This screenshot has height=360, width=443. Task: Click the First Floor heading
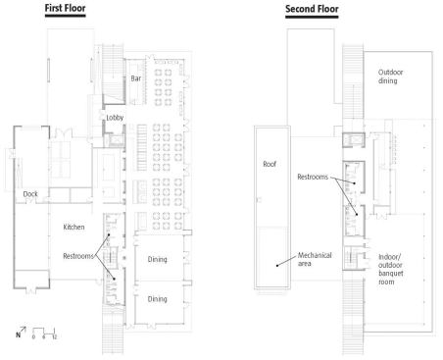65,8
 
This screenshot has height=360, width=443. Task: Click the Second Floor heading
312,9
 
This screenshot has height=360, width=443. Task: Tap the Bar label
136,78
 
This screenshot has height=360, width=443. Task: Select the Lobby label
115,118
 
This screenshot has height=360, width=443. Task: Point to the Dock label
30,194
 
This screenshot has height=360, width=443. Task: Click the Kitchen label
74,227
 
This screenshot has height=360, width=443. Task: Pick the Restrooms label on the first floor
78,256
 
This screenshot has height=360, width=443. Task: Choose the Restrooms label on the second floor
313,177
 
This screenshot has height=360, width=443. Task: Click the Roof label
270,164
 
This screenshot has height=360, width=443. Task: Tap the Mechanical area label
315,259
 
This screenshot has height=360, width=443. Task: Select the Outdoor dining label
390,77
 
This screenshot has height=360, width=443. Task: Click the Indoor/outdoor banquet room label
391,269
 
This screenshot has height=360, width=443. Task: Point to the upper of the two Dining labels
157,260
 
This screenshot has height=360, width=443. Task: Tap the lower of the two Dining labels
157,299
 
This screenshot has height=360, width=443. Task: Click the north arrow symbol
23,330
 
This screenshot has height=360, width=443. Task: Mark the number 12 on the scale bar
54,336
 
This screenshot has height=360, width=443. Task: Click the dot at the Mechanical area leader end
277,266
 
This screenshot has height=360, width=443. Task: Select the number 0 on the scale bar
33,336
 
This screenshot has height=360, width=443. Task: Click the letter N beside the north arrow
18,334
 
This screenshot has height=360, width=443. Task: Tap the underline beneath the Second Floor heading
312,17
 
